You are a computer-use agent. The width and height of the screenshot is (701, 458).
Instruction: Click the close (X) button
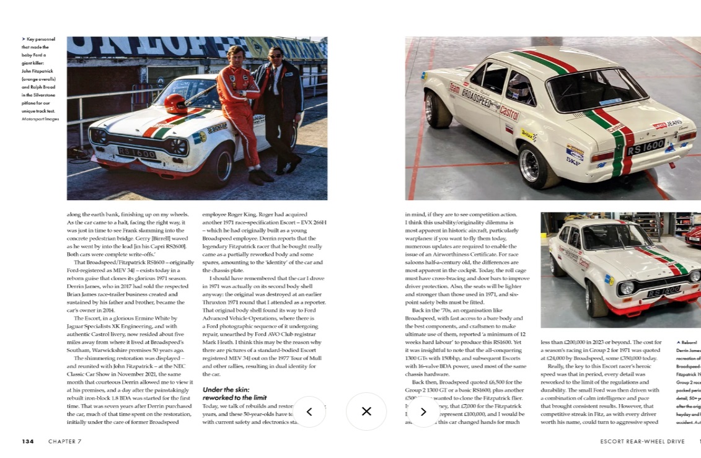tap(366, 411)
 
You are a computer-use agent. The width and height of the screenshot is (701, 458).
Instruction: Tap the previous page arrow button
tap(309, 412)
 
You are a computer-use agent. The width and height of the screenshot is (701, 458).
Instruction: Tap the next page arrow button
tap(423, 412)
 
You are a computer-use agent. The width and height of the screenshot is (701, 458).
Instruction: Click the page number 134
tap(28, 441)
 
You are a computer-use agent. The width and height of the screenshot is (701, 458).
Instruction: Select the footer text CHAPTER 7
tap(64, 441)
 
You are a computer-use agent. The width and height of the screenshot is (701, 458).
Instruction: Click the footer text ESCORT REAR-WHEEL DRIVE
tap(642, 441)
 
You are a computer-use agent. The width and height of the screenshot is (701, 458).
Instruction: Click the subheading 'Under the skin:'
tap(226, 389)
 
